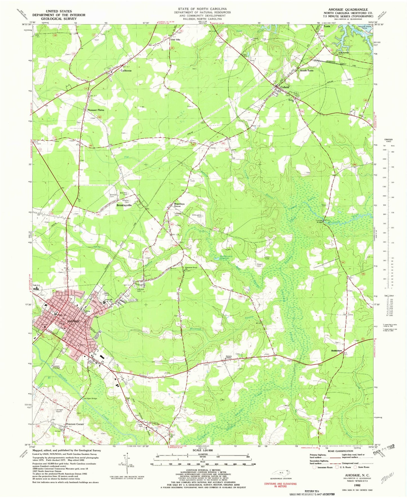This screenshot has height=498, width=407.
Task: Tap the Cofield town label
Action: point(284,87)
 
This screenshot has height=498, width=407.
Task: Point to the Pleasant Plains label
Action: point(96,110)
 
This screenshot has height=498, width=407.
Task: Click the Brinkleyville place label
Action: point(124,205)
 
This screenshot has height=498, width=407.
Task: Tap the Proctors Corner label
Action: point(75,424)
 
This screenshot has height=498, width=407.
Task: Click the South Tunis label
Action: point(306,71)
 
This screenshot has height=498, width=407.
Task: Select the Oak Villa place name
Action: point(175,40)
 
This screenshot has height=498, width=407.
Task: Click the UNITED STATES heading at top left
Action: point(59,11)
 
